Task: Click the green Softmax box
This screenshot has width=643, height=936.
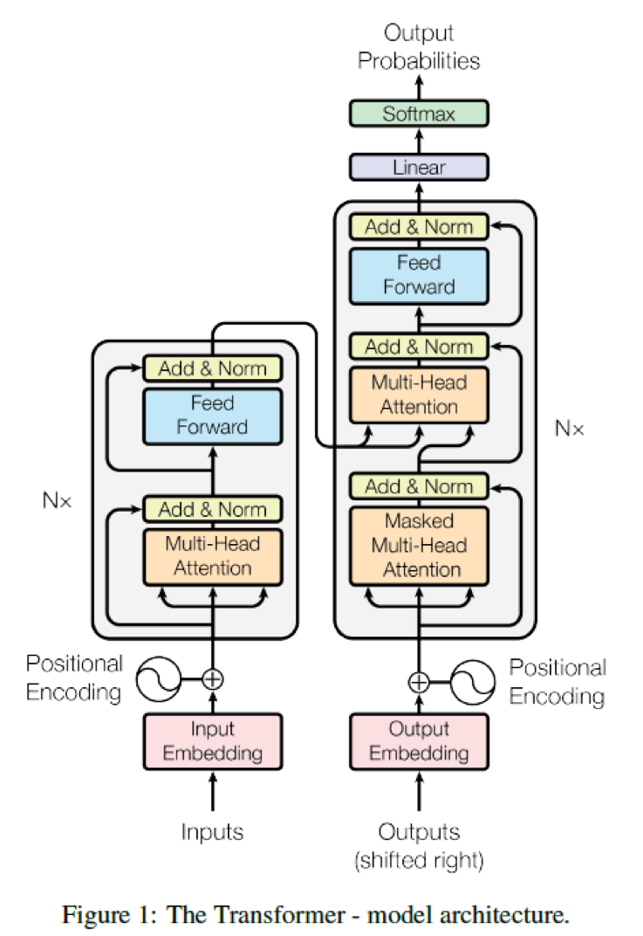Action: click(419, 114)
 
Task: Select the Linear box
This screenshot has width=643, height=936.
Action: click(419, 167)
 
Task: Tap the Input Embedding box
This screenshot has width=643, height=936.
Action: click(212, 741)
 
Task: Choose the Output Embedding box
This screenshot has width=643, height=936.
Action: click(419, 741)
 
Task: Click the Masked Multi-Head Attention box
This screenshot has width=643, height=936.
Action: click(419, 546)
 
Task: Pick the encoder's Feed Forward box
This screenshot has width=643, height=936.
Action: click(212, 416)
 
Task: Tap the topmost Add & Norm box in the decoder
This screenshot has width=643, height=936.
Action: click(419, 227)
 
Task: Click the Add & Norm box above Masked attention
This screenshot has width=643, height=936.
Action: click(419, 486)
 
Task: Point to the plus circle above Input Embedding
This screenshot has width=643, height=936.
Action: click(212, 679)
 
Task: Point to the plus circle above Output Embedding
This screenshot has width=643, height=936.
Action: click(419, 682)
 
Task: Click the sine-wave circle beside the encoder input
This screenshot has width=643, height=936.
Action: click(159, 679)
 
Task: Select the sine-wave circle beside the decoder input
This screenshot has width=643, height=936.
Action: click(472, 682)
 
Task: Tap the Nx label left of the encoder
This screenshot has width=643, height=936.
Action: click(58, 500)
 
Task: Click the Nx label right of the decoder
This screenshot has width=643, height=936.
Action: click(569, 428)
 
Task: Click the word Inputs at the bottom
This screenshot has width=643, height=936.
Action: click(212, 831)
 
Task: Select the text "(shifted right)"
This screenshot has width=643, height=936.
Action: click(419, 860)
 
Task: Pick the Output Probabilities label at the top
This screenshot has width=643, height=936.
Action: click(419, 46)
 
